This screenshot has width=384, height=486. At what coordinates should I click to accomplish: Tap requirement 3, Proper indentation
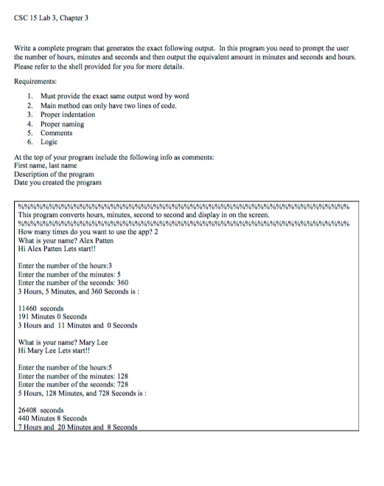click(x=67, y=115)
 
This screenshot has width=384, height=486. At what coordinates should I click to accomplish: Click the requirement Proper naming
click(x=61, y=124)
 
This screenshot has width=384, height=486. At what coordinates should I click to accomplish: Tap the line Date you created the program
click(x=58, y=182)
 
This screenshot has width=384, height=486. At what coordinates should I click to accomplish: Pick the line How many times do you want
click(x=88, y=232)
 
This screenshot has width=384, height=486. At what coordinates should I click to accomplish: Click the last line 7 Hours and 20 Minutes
click(x=78, y=426)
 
